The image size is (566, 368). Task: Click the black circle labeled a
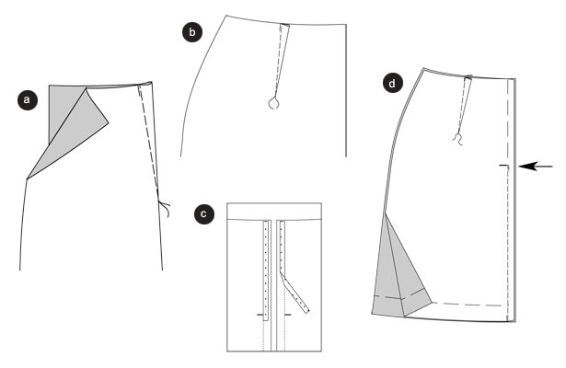pyautogui.click(x=27, y=99)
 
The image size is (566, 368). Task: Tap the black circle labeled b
pyautogui.click(x=192, y=32)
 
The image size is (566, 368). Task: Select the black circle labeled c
pyautogui.click(x=204, y=213)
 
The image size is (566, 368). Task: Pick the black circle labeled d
pyautogui.click(x=392, y=83)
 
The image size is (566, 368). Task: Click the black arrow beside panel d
pyautogui.click(x=536, y=167)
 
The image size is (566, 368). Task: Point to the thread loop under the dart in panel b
pyautogui.click(x=273, y=103)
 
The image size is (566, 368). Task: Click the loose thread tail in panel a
pyautogui.click(x=165, y=208)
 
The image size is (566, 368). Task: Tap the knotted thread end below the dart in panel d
pyautogui.click(x=458, y=139)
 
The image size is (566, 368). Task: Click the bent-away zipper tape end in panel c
pyautogui.click(x=295, y=293)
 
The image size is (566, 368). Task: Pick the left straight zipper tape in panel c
pyautogui.click(x=266, y=270)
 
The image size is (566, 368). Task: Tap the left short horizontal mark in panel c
pyautogui.click(x=260, y=315)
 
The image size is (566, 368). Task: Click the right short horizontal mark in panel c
pyautogui.click(x=288, y=315)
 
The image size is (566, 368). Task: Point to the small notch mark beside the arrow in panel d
pyautogui.click(x=504, y=166)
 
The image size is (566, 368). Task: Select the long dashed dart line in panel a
pyautogui.click(x=149, y=141)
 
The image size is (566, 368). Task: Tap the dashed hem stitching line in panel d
pyautogui.click(x=468, y=304)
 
